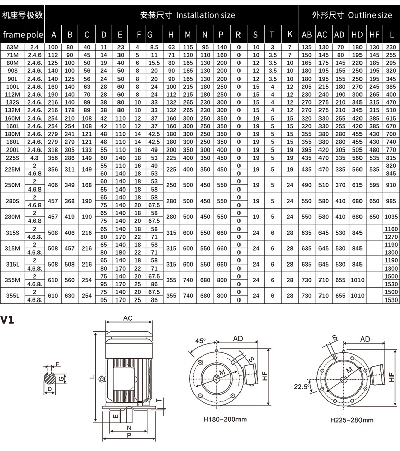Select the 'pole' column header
pos(35,35)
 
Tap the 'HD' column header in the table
pos(357,35)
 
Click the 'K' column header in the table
pos(290,35)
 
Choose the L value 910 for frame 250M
pos(391,185)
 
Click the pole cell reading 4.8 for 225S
pos(35,158)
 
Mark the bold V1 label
pos(8,320)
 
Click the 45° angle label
pos(201,341)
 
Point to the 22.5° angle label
pos(301,387)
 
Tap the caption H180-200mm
pos(225,419)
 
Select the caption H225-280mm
pos(351,420)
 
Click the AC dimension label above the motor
pos(128,318)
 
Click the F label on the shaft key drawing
pos(57,364)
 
